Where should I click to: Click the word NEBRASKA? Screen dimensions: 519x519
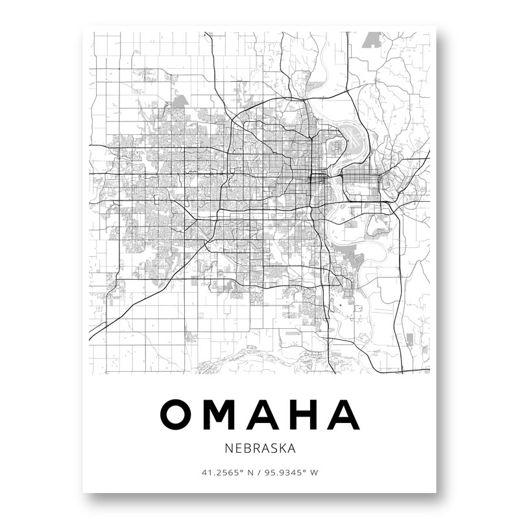coord(259,448)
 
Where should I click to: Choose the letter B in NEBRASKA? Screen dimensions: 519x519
coord(244,448)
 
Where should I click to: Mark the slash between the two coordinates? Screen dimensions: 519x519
coord(259,472)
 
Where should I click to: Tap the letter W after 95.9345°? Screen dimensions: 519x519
coord(315,472)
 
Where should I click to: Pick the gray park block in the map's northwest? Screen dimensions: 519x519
coord(180,101)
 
